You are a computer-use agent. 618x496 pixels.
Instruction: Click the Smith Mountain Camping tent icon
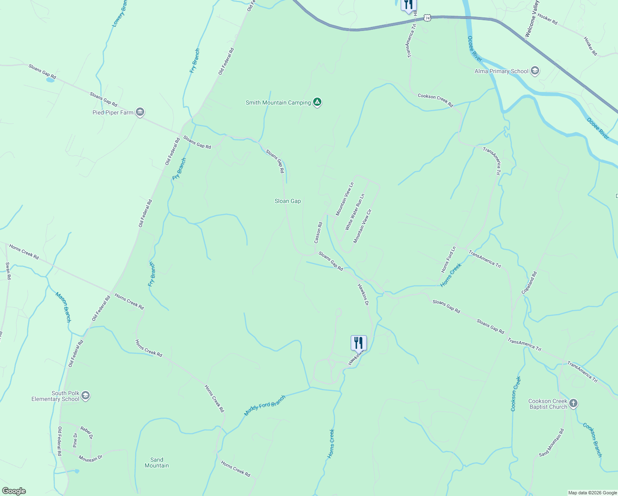click(317, 102)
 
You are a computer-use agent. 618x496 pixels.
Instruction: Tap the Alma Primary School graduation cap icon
click(535, 71)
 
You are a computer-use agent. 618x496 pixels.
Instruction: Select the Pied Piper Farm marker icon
click(140, 112)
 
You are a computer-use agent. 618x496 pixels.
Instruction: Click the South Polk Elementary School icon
click(86, 396)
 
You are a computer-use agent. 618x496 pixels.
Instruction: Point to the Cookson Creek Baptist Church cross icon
click(573, 403)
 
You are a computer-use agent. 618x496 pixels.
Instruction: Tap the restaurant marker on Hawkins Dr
click(359, 343)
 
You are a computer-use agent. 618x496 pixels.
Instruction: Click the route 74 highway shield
click(427, 18)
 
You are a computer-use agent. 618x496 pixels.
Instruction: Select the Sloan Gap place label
click(288, 201)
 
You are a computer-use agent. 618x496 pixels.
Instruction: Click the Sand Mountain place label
click(157, 463)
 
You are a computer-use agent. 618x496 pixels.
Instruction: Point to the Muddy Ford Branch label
click(265, 405)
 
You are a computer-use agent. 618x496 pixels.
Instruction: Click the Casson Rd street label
click(318, 233)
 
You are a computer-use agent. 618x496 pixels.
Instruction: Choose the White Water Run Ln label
click(355, 212)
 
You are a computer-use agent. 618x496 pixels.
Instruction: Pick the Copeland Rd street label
click(529, 283)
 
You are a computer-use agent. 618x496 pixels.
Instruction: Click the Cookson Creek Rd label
click(435, 100)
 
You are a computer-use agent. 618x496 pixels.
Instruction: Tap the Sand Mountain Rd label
click(551, 442)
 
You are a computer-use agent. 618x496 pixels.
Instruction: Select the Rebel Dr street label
click(86, 432)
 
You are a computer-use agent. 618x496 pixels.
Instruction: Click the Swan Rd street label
click(8, 271)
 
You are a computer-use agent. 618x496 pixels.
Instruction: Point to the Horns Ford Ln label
click(448, 260)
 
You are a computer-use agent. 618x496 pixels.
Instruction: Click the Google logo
click(14, 491)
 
